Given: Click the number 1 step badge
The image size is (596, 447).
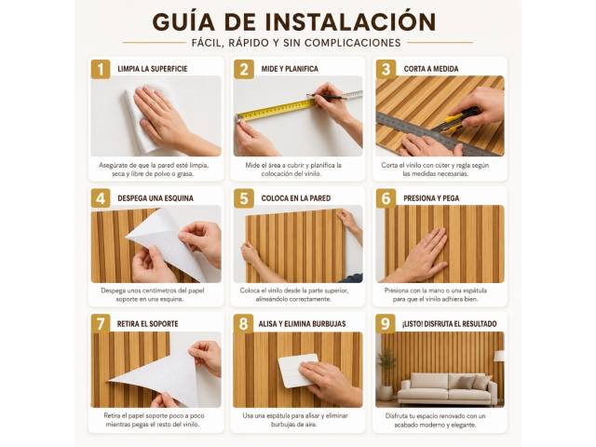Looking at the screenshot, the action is pyautogui.click(x=101, y=69).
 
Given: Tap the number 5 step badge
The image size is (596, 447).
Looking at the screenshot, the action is pyautogui.click(x=244, y=198).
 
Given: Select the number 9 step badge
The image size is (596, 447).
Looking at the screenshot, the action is pyautogui.click(x=386, y=324).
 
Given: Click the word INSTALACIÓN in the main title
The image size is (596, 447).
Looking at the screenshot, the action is pyautogui.click(x=350, y=21).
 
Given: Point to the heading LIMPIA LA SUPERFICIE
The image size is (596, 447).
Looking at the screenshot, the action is pyautogui.click(x=153, y=69).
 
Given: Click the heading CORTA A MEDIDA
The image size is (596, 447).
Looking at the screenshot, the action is pyautogui.click(x=430, y=69).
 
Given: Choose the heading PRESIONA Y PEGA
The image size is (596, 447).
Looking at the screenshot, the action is pyautogui.click(x=431, y=198).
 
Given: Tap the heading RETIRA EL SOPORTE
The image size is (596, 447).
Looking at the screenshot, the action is pyautogui.click(x=147, y=324).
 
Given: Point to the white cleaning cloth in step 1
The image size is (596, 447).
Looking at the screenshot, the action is pyautogui.click(x=142, y=120).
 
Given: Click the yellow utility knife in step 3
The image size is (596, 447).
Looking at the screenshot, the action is pyautogui.click(x=454, y=120).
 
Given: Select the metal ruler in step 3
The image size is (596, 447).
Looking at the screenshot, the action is pyautogui.click(x=437, y=134).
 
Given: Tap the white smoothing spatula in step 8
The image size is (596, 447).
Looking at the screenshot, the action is pyautogui.click(x=298, y=371).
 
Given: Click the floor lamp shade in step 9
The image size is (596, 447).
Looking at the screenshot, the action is pyautogui.click(x=499, y=356).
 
